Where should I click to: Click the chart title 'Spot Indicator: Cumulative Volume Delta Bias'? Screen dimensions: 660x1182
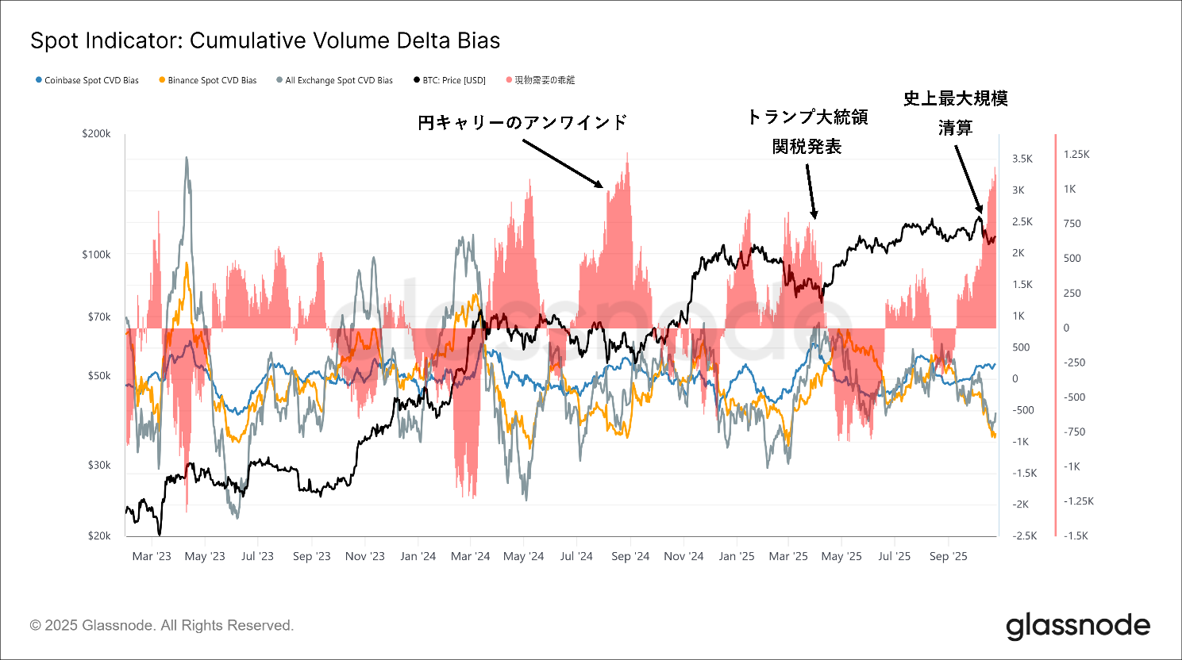pos(265,41)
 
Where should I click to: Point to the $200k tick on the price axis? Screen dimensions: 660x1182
pos(97,134)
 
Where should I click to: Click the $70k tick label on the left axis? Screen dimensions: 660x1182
pos(99,317)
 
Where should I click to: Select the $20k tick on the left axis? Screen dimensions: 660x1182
pos(99,536)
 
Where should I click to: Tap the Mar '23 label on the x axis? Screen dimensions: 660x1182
pos(152,556)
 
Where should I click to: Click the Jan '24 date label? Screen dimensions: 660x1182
pos(418,556)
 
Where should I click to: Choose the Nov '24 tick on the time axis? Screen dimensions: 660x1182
pos(683,556)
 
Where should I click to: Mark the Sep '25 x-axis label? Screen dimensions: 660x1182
pos(949,556)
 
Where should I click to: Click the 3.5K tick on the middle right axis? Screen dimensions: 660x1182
pos(1022,159)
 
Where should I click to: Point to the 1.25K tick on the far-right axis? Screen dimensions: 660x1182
pos(1076,155)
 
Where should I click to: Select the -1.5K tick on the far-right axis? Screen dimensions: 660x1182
pos(1076,536)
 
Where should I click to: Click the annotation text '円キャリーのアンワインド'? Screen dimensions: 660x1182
pos(522,122)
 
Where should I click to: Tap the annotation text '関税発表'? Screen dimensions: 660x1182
pos(807,147)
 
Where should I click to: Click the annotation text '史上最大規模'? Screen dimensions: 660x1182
pos(956,98)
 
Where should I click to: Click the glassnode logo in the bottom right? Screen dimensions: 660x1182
pos(1078,627)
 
